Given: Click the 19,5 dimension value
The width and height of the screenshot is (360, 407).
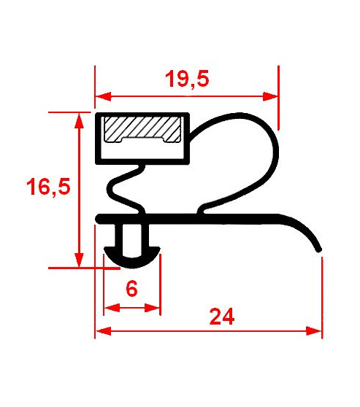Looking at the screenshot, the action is click(x=187, y=79).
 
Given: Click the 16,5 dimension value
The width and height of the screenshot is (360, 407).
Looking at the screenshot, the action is click(x=48, y=187).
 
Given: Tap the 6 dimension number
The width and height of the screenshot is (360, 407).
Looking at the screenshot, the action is click(x=131, y=288).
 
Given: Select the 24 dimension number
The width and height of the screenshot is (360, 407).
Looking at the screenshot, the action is click(x=222, y=317).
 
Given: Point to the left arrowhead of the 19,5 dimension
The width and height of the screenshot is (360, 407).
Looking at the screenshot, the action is click(x=104, y=96).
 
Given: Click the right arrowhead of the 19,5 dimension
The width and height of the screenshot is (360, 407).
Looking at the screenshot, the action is click(x=270, y=96).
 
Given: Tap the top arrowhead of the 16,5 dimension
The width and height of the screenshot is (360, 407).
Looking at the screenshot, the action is click(x=79, y=120).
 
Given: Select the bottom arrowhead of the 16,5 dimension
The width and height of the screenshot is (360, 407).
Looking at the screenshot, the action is click(x=79, y=260).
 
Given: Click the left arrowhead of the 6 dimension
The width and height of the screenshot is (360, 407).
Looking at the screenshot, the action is click(x=112, y=308).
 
